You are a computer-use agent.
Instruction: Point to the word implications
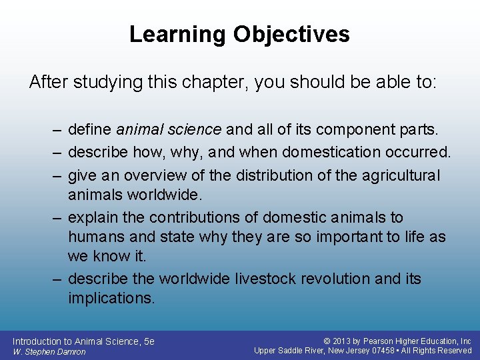(x=111, y=298)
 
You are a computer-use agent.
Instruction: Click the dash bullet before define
(x=59, y=129)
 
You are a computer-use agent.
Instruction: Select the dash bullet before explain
(x=59, y=217)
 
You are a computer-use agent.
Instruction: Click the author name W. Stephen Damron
(x=49, y=351)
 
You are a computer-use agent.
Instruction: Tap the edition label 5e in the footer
(x=149, y=341)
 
